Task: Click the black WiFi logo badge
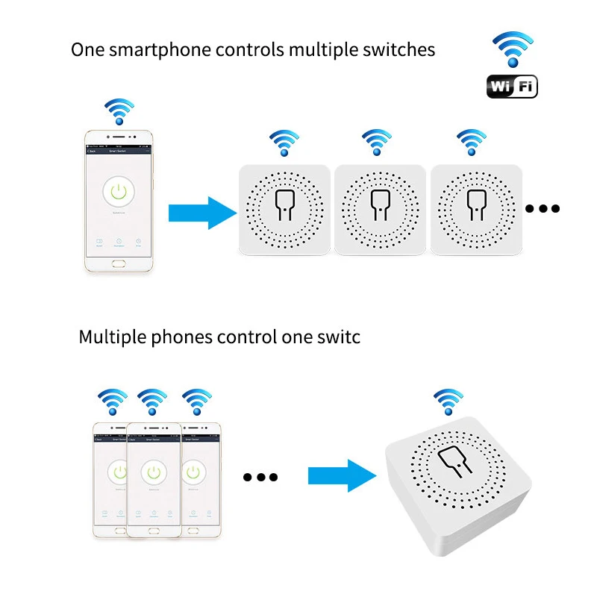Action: pyautogui.click(x=512, y=87)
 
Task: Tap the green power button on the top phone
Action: pyautogui.click(x=118, y=192)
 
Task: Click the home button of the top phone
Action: pyautogui.click(x=118, y=263)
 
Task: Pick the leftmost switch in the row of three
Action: pyautogui.click(x=284, y=207)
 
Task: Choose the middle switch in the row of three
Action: pyautogui.click(x=378, y=207)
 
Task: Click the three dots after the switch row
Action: pyautogui.click(x=543, y=208)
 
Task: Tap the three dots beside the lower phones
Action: pyautogui.click(x=260, y=477)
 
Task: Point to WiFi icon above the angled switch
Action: pyautogui.click(x=448, y=402)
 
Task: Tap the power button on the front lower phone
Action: pyautogui.click(x=154, y=472)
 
